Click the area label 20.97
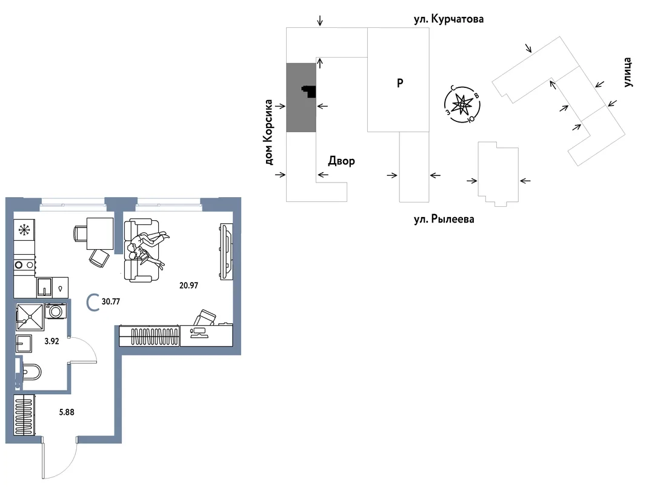pos(188,285)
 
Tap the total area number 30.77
pos(111,301)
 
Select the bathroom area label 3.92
pos(52,341)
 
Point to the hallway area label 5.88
pos(67,412)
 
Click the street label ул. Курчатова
pos(448,19)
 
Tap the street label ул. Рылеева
pos(444,219)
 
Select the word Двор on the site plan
pos(342,161)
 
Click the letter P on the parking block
pos(400,83)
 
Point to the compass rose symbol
pos(462,104)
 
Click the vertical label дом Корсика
pos(268,132)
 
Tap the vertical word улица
pos(627,72)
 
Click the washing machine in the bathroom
pos(55,311)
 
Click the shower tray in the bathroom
pos(30,317)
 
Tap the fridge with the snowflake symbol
pos(24,230)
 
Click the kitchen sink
pos(44,287)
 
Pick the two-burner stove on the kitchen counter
pos(24,265)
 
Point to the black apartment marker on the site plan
pos(310,91)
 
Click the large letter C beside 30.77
pos(93,302)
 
